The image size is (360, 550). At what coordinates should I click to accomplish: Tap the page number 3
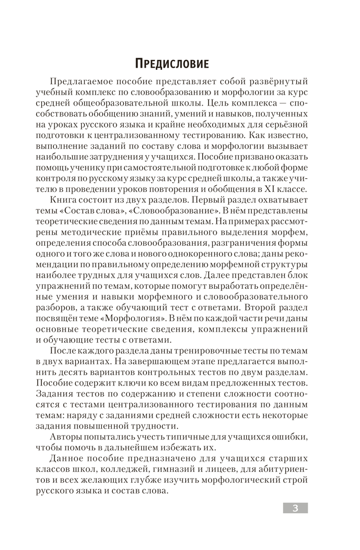(295, 508)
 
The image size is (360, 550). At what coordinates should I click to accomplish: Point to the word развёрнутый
(275, 81)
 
